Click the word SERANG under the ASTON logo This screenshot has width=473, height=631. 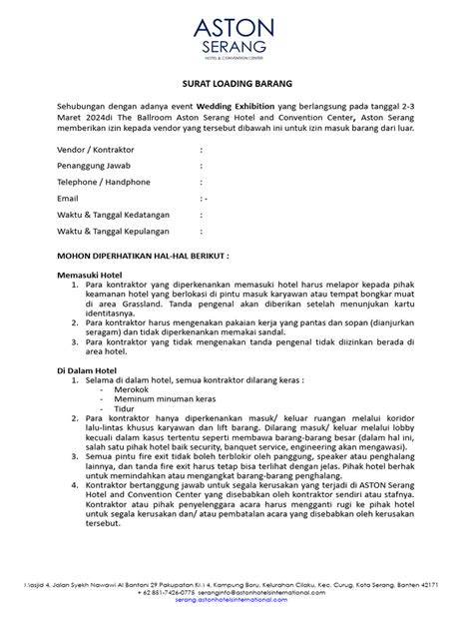[x=236, y=46]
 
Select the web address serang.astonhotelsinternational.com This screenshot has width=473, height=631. [x=236, y=606]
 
